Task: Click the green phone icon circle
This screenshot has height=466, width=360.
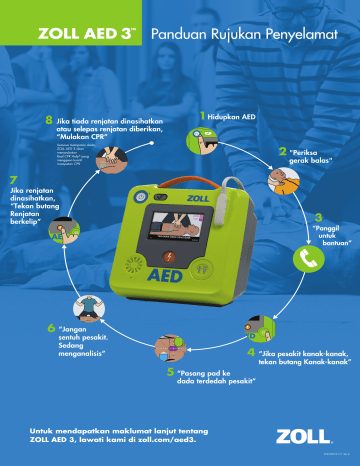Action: [x=308, y=258]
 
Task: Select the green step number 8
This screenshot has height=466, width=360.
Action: [x=49, y=120]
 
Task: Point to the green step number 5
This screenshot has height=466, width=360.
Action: [x=170, y=372]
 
